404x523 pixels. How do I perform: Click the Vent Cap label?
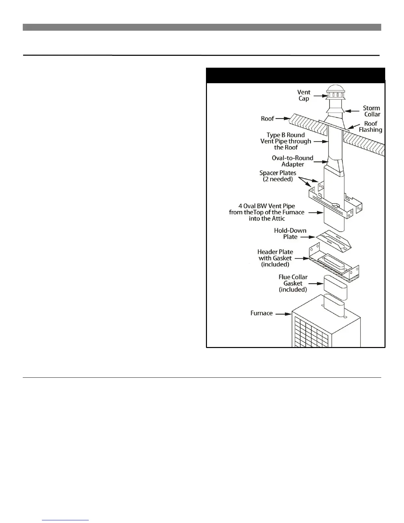point(303,95)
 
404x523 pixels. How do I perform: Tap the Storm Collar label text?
point(372,111)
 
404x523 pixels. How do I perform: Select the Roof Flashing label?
point(370,127)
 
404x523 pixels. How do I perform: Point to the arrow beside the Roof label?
point(283,118)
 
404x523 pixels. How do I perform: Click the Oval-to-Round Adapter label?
point(292,161)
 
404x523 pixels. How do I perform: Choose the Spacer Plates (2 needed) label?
point(278,176)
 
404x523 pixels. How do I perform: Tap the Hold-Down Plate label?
point(290,233)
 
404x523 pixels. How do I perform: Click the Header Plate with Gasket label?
point(275,258)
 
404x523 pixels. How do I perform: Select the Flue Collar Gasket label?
point(293,283)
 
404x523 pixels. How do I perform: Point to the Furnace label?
point(261,313)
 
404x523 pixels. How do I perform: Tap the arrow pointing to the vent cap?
point(320,96)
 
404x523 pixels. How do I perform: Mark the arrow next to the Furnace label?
point(283,314)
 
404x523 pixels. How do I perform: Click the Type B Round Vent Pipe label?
point(286,141)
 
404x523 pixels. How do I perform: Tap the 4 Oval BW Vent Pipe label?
point(267,212)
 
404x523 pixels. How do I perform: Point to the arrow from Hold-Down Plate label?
point(308,237)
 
